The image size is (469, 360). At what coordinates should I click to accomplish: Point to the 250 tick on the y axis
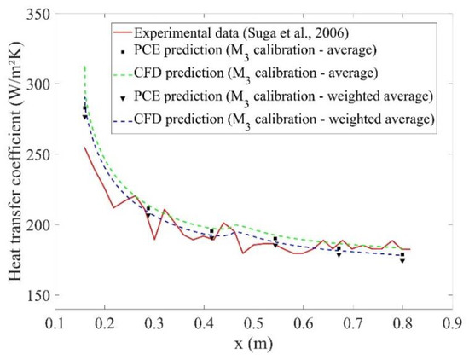click(x=35, y=154)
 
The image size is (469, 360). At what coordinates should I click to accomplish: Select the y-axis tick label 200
click(x=35, y=225)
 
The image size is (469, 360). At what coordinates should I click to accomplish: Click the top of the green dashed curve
click(x=84, y=67)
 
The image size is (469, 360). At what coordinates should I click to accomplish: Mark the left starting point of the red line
click(x=84, y=148)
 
